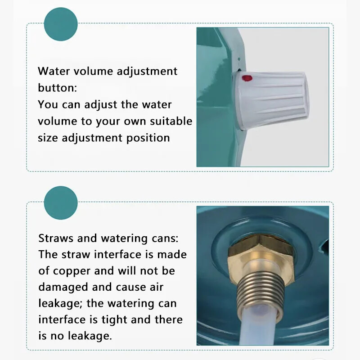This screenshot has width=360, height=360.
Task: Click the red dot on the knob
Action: point(247,78)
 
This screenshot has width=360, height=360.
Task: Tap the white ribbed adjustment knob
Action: point(271,100)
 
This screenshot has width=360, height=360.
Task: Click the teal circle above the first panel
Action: point(61,24)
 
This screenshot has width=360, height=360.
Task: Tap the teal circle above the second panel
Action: point(61,203)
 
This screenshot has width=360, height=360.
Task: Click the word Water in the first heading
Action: point(54,71)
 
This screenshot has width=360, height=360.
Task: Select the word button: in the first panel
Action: point(58,88)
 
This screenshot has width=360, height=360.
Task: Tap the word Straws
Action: point(56,238)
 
